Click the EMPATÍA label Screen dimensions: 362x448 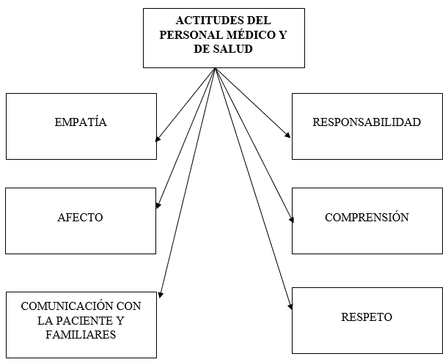point(81,122)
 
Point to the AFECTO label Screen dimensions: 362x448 point(80,218)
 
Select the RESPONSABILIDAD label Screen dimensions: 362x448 point(367,122)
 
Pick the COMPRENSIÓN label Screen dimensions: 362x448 point(367,218)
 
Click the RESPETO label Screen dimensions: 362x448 point(367,317)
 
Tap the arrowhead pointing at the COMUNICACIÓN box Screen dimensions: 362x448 point(161,294)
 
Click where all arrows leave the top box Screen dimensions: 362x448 point(215,68)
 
